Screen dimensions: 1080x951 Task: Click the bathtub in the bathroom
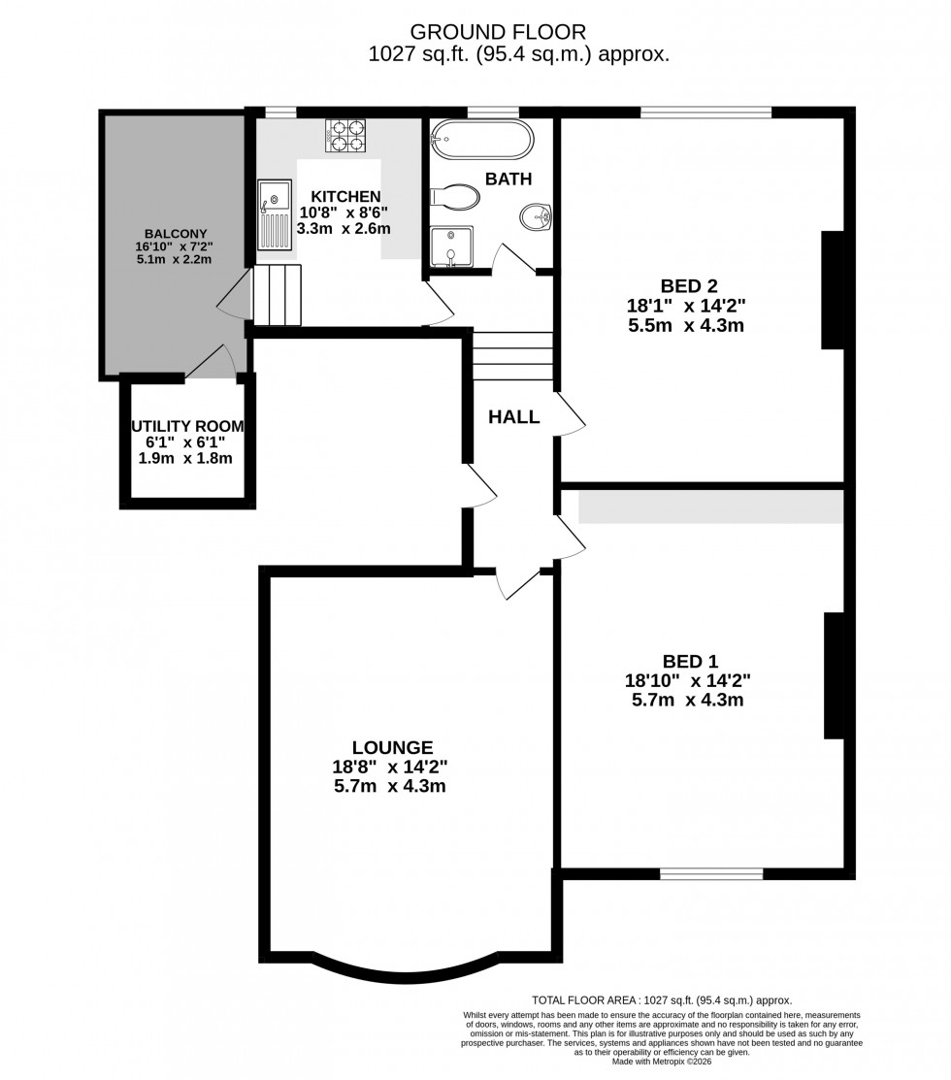pos(482,140)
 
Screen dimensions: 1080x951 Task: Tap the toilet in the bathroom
pos(455,198)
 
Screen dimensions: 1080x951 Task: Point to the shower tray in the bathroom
pos(450,246)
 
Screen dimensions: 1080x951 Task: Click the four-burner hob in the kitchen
pos(345,136)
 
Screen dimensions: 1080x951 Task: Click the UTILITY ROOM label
pos(187,426)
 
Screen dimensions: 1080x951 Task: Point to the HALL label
pos(513,417)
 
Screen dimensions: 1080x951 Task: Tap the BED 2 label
pos(688,285)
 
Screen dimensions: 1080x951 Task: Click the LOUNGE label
pos(392,747)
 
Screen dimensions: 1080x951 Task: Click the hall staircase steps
pos(512,356)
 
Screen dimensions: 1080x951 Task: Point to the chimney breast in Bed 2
pos(833,289)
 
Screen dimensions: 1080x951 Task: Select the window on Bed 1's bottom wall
pos(710,874)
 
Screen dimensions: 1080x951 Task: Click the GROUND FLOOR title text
pos(518,33)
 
